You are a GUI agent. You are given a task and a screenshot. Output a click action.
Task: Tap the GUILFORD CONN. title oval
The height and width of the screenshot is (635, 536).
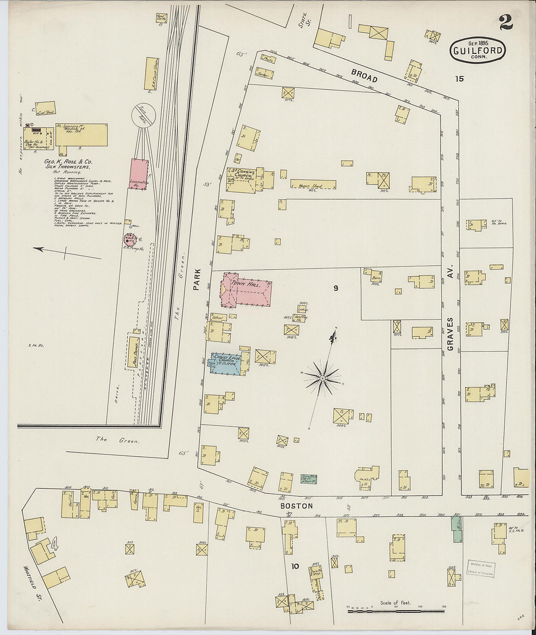coord(478,50)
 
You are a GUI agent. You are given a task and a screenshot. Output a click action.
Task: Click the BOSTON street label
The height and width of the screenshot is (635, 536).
coord(296,506)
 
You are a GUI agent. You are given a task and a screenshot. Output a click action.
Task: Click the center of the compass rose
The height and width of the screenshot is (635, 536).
coord(322,378)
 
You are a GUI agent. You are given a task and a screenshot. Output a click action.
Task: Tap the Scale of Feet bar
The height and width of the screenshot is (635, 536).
coord(396,610)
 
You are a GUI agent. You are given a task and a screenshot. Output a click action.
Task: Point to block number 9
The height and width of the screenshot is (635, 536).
coord(336,288)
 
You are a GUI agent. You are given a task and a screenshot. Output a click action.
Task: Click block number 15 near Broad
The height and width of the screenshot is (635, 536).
coord(459,79)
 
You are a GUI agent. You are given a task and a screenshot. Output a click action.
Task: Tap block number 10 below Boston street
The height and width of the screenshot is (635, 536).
coord(295,566)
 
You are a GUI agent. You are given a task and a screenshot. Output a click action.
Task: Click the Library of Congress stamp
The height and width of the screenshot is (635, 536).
coord(481,568)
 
